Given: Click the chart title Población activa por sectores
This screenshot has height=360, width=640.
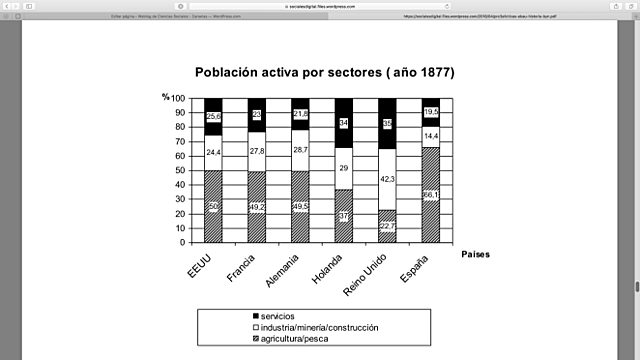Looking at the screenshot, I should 324,73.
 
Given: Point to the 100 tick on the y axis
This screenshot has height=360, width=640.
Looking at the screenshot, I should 178,98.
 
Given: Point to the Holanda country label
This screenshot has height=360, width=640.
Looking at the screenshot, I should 332,270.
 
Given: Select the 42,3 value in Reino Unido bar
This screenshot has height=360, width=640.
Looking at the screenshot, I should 387,179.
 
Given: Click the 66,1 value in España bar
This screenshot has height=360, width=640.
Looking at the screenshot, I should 431,195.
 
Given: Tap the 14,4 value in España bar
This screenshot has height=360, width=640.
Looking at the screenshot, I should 431,136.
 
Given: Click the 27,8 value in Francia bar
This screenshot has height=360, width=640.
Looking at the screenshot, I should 257,150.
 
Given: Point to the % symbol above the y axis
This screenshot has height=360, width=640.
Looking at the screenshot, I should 165,97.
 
